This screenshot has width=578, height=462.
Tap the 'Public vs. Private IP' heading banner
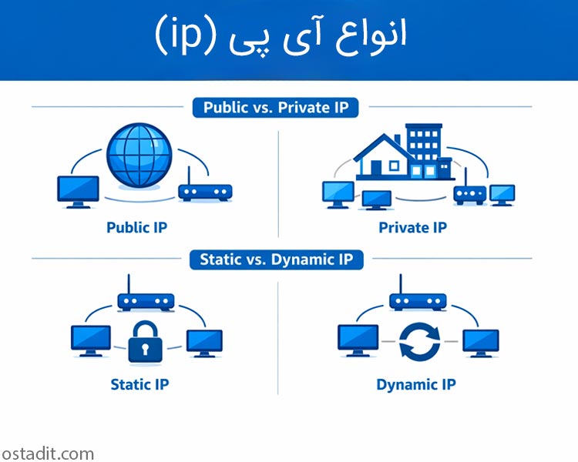pos(276,107)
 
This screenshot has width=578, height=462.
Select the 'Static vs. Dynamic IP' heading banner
pos(276,259)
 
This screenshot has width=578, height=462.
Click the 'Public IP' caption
pos(136,227)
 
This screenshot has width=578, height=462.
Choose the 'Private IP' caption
pos(412,227)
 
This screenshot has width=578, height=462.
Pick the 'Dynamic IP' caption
pos(415,383)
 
